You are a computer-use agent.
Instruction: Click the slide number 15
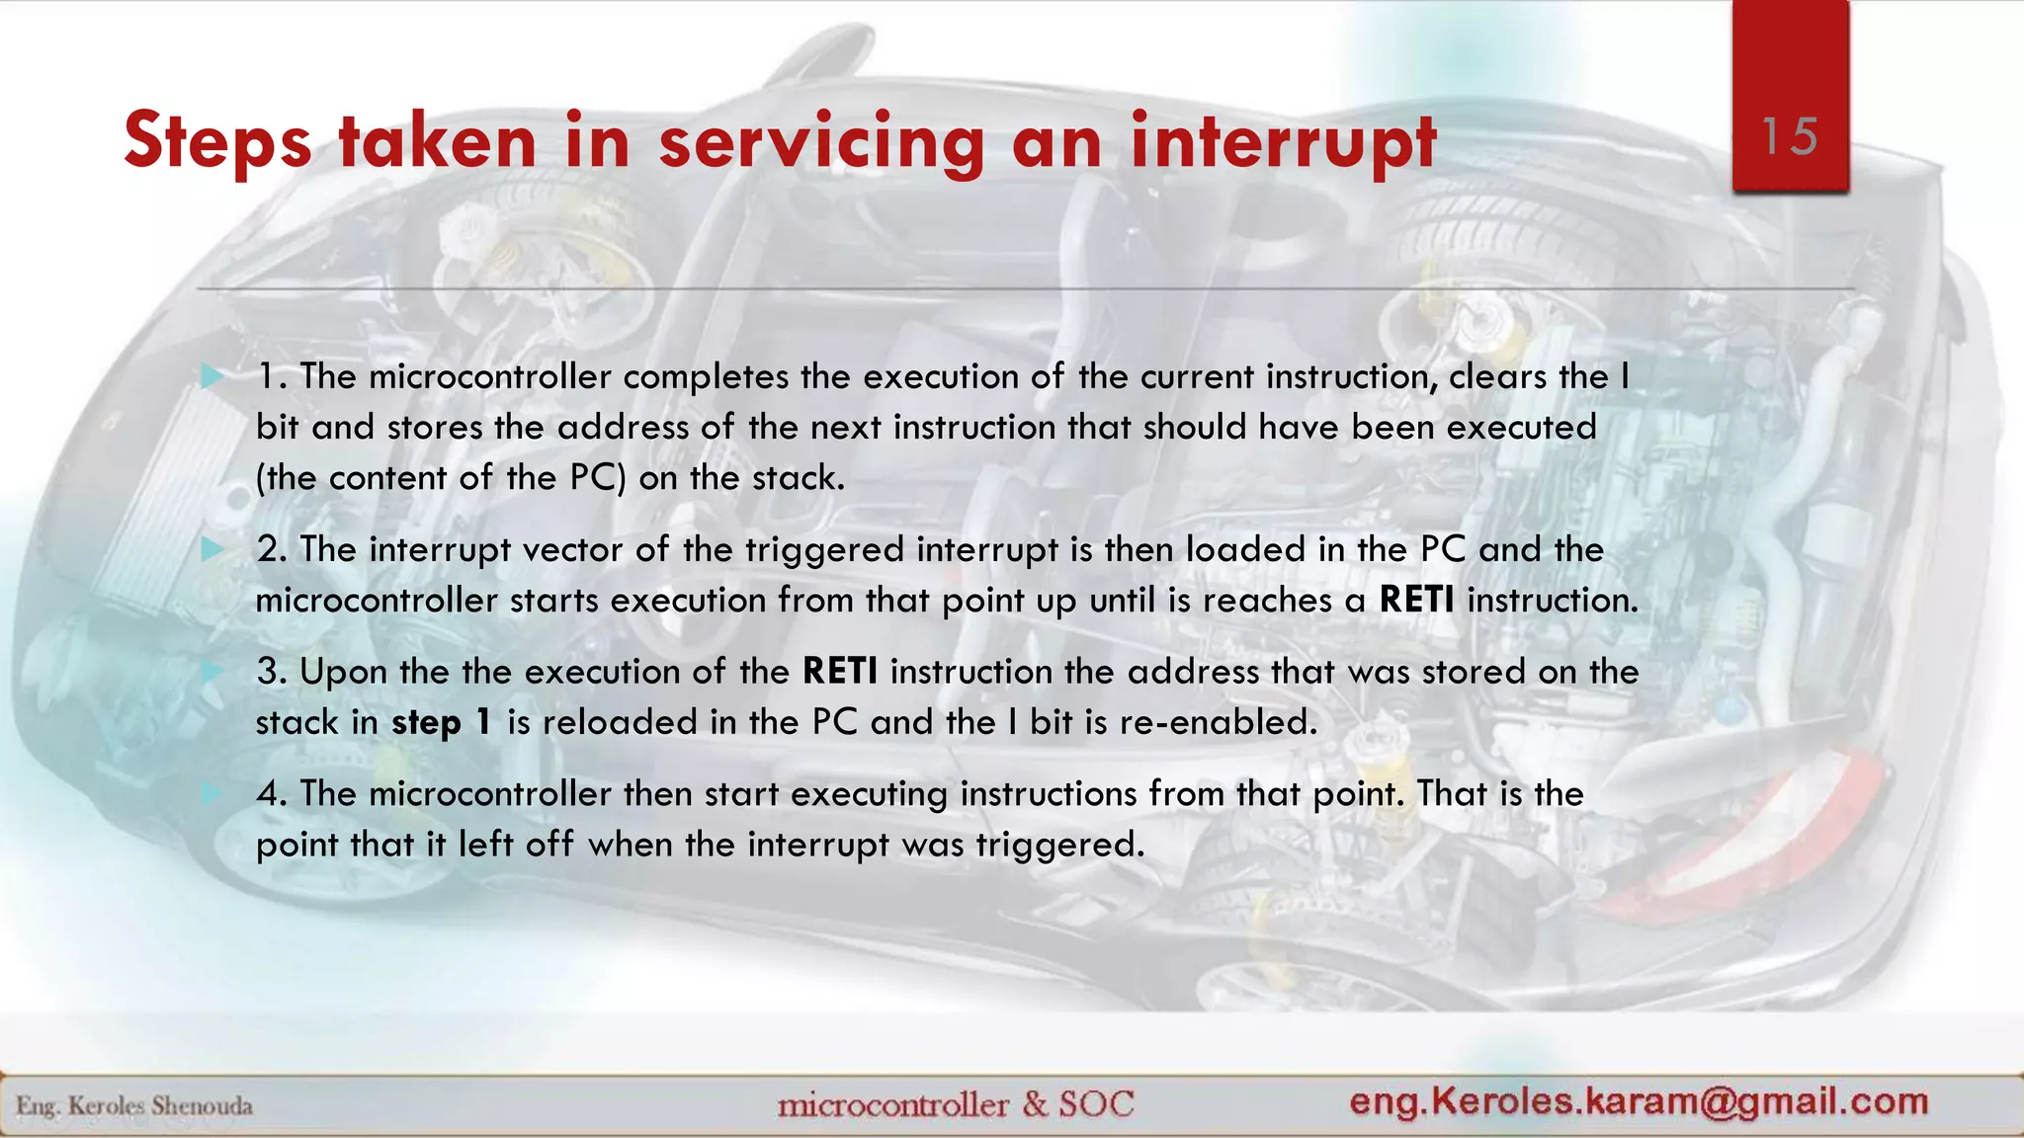[x=1790, y=136]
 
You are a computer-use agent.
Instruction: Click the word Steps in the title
[x=218, y=141]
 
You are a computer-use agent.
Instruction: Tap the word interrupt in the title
[x=1283, y=141]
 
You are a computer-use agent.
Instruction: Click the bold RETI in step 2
[x=1416, y=600]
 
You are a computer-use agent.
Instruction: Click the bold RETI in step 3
[x=840, y=672]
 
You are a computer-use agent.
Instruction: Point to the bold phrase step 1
[x=442, y=722]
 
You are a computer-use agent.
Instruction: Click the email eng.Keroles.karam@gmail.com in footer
[x=1639, y=1100]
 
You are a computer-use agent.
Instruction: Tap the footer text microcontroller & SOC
[x=956, y=1103]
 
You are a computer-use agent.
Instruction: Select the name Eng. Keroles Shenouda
[x=134, y=1105]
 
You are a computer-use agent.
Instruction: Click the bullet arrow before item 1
[x=211, y=376]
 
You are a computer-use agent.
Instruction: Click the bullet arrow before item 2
[x=211, y=549]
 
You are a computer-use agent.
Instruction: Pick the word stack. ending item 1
[x=799, y=478]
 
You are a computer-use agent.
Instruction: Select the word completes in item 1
[x=706, y=376]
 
